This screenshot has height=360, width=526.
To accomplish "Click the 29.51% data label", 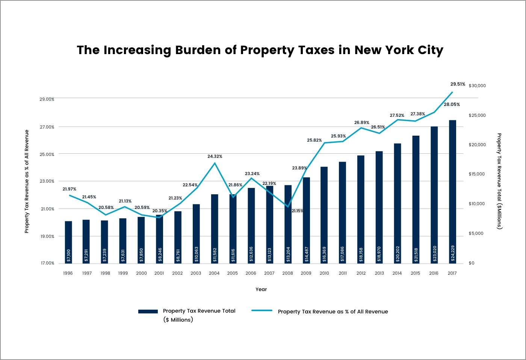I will tap(458, 84).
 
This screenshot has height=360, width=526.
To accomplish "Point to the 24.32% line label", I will tap(215, 156).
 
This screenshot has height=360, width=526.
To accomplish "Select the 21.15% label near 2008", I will tap(297, 211).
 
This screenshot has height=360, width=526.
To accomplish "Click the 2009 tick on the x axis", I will tap(306, 273).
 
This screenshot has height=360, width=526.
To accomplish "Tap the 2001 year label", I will tap(159, 273).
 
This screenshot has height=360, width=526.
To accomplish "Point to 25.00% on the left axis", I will tap(47, 154).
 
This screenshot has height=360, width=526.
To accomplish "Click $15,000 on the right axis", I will tap(477, 174).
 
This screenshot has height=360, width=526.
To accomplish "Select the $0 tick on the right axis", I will tap(472, 263).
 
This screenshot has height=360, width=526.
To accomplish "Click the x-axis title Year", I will tap(261, 289).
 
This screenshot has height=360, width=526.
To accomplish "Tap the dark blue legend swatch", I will tap(148, 312).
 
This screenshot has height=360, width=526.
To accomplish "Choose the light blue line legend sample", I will tap(261, 311).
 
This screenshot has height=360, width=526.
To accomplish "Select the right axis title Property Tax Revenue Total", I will tap(499, 181).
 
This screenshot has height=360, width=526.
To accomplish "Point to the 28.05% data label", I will tap(452, 104).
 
